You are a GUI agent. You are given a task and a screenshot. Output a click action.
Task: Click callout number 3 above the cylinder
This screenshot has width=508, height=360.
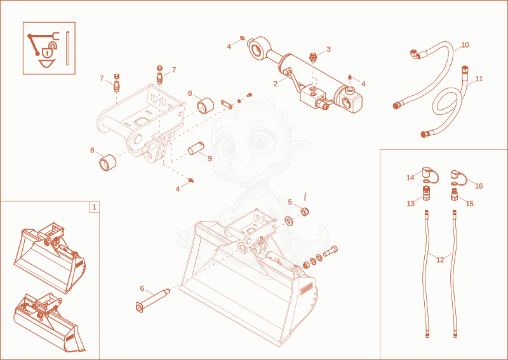click(x=328, y=50)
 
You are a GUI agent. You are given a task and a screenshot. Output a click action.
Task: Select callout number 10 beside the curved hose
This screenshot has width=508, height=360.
click(x=465, y=44)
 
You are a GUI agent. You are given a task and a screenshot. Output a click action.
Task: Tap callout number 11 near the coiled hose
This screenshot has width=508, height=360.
click(x=479, y=79)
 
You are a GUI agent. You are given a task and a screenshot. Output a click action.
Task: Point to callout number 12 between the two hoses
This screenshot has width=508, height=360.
click(x=440, y=260)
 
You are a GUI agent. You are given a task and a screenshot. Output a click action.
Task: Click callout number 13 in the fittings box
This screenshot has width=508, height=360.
click(x=410, y=204)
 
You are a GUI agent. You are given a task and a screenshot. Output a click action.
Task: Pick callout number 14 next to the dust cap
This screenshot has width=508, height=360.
click(x=410, y=178)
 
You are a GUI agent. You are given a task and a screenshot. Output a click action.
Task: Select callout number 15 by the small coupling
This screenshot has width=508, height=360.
click(x=469, y=204)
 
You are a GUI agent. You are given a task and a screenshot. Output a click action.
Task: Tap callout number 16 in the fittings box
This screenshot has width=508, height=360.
click(x=479, y=185)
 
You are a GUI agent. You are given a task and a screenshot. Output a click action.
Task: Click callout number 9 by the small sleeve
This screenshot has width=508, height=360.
click(x=210, y=159)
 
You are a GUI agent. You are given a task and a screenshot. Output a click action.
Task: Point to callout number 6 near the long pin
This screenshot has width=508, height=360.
click(x=142, y=288)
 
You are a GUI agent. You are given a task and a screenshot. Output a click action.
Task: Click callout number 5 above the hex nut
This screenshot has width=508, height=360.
click(x=290, y=202)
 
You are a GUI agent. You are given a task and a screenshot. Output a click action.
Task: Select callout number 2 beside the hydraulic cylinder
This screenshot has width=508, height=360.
click(x=276, y=84)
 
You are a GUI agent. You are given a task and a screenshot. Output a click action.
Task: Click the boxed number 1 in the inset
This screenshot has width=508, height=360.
click(x=94, y=207)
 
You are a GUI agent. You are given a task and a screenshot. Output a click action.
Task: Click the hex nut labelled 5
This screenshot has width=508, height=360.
click(x=305, y=212)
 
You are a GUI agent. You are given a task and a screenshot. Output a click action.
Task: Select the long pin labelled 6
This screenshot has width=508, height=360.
click(x=153, y=300)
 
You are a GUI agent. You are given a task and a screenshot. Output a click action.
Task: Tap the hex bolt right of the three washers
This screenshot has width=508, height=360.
click(x=330, y=251)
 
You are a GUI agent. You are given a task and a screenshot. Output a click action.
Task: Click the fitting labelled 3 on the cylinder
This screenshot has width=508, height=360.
click(x=313, y=58)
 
